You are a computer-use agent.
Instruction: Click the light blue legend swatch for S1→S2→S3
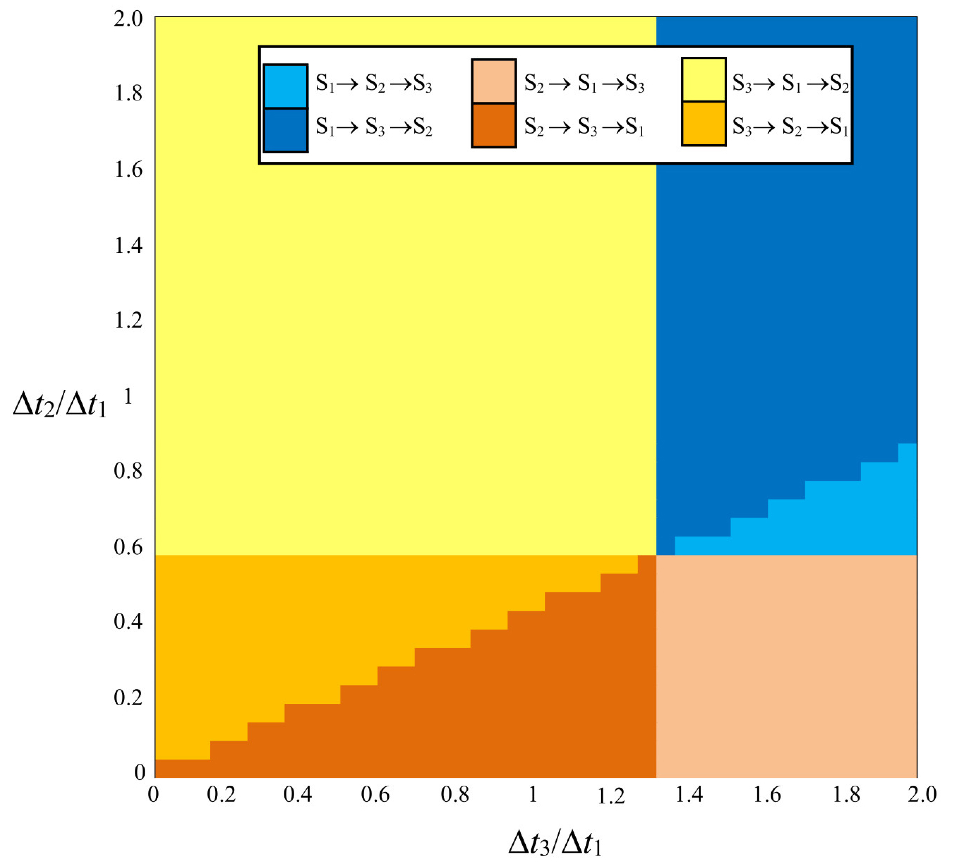285,86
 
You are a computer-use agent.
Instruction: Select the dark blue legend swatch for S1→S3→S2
285,130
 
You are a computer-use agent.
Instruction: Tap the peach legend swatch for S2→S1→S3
494,81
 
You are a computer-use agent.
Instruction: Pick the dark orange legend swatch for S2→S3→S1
494,125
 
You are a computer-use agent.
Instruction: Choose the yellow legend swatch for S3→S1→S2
704,80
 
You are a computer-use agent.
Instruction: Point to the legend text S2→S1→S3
584,83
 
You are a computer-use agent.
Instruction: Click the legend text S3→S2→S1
791,127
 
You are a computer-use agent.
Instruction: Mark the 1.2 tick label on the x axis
612,796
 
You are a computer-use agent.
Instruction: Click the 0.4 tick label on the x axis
297,795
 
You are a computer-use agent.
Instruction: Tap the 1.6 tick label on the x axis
767,795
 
